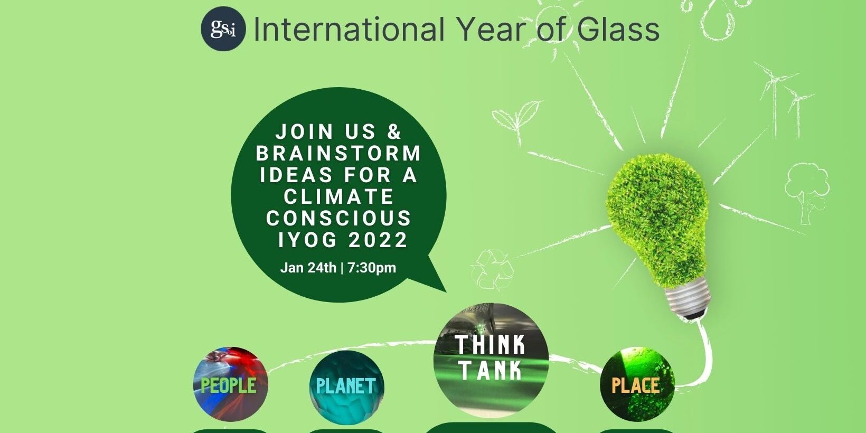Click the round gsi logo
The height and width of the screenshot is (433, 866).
[223, 29]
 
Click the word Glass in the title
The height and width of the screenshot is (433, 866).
[618, 30]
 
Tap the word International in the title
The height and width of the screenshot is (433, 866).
[349, 30]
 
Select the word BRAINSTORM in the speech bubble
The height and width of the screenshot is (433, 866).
[339, 153]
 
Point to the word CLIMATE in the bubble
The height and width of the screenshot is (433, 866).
[339, 196]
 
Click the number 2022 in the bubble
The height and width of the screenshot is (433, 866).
[378, 240]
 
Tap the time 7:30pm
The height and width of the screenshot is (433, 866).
[372, 268]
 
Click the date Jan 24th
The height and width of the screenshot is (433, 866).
[308, 268]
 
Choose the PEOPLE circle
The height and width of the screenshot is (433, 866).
[230, 384]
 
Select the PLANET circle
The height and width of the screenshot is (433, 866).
[346, 386]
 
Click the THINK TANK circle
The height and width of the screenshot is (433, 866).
[491, 359]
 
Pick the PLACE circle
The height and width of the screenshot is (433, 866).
[637, 384]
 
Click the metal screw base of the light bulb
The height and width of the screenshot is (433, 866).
[687, 295]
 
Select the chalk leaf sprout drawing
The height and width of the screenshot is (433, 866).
[516, 120]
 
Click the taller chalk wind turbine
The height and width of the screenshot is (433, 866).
[774, 95]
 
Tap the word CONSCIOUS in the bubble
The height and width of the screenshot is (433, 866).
[339, 218]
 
